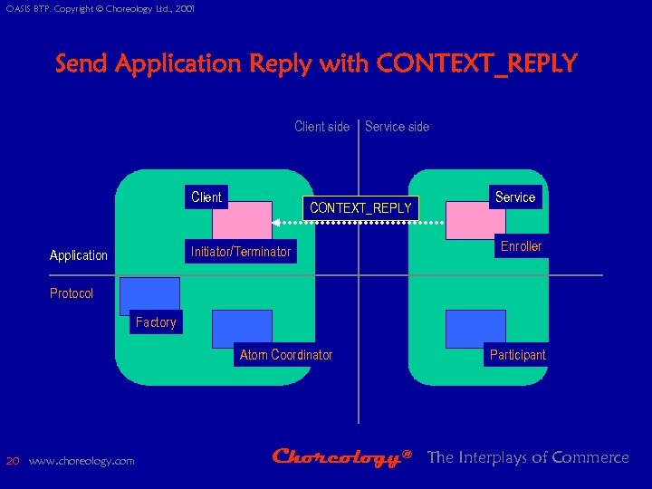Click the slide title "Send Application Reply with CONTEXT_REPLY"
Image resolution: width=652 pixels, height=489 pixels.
[x=316, y=64]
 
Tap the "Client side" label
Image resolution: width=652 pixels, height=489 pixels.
[x=321, y=127]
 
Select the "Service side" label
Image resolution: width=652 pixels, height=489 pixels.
[x=397, y=127]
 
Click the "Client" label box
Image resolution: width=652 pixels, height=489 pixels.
[x=206, y=197]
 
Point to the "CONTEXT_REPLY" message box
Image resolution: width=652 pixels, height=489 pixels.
[x=360, y=208]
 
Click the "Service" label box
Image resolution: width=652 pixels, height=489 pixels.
[x=515, y=197]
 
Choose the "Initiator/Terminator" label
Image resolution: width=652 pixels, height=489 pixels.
[x=241, y=251]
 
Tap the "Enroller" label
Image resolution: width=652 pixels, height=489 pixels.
[x=521, y=246]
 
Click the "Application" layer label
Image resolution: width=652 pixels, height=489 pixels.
[x=79, y=255]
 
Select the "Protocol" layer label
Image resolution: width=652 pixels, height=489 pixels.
[x=72, y=293]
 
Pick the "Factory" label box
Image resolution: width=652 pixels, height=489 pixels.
[x=155, y=322]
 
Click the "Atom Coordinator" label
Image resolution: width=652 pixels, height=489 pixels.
[x=285, y=355]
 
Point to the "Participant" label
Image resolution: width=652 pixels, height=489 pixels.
[x=517, y=355]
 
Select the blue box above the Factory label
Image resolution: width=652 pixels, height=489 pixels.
[x=149, y=295]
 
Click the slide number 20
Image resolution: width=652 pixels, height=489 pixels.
[x=13, y=460]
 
